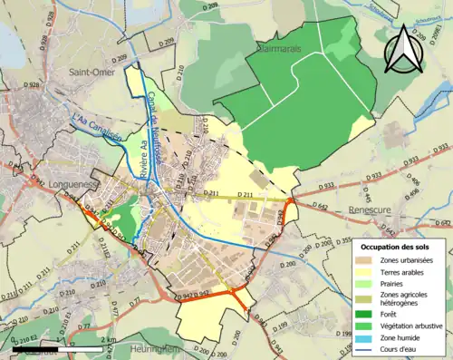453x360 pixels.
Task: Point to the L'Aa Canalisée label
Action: click(97, 126)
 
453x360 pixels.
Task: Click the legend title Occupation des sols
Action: click(395, 247)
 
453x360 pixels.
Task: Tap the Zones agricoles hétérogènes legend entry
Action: click(402, 298)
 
